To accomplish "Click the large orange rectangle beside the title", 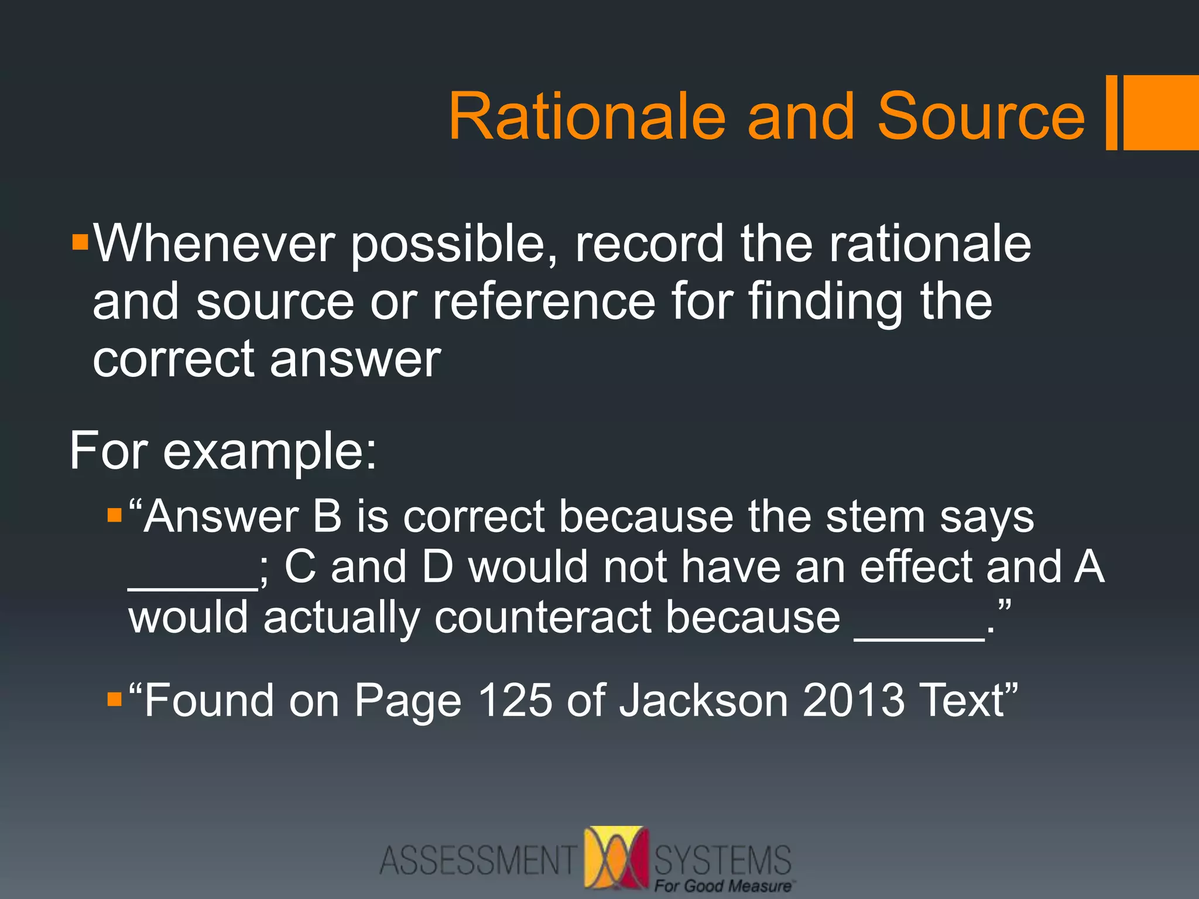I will click(x=1161, y=112).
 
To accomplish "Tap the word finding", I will click(x=826, y=302).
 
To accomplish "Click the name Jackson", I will click(x=703, y=700).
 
